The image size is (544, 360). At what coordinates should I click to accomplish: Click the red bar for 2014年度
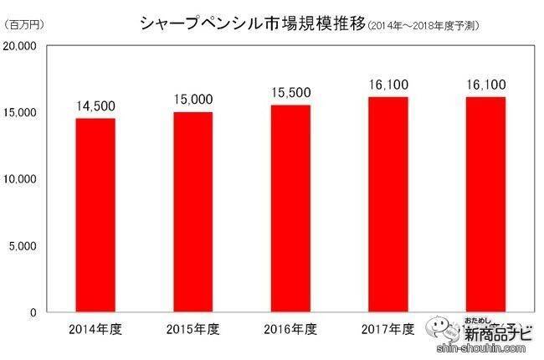pyautogui.click(x=95, y=215)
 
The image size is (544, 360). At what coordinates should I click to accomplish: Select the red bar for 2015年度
pyautogui.click(x=192, y=212)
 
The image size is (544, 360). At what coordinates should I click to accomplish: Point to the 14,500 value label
pyautogui.click(x=95, y=109)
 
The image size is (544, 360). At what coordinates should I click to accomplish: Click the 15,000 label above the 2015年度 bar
pyautogui.click(x=192, y=102)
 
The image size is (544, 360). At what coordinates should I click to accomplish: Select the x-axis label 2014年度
pyautogui.click(x=95, y=328)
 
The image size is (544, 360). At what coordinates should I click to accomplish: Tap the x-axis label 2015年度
pyautogui.click(x=192, y=328)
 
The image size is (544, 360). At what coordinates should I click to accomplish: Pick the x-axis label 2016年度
pyautogui.click(x=290, y=328)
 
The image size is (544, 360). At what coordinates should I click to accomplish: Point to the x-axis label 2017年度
pyautogui.click(x=387, y=328)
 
